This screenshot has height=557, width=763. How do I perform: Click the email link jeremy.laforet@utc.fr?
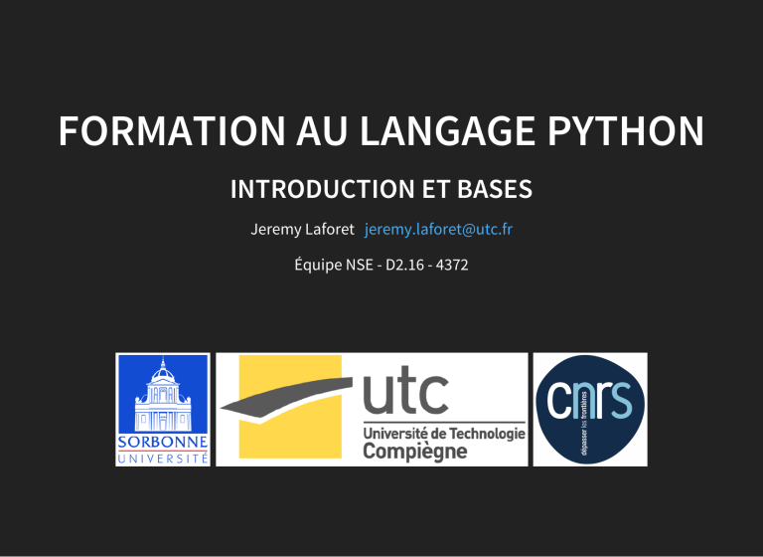438,230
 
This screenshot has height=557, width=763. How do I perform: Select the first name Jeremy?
277,230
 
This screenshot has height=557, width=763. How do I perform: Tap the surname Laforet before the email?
331,230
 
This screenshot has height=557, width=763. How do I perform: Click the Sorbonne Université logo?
163,409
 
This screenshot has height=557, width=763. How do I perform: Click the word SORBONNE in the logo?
163,441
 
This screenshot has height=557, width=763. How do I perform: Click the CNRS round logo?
590,408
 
